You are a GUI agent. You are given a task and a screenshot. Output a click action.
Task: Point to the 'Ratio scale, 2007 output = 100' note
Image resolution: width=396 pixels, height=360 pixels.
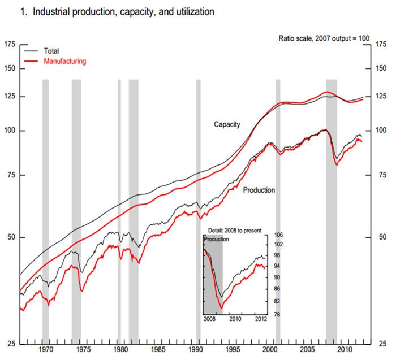click(x=324, y=38)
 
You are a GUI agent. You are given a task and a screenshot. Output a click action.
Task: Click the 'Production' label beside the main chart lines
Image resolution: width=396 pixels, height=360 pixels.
click(x=259, y=190)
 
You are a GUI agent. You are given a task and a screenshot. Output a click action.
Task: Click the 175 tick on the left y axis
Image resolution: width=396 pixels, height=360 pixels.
click(x=9, y=45)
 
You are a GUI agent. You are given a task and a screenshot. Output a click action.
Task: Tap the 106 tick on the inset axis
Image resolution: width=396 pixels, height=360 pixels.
click(x=278, y=235)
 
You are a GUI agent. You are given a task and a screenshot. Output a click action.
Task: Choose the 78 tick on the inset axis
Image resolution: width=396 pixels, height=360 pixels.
click(x=278, y=314)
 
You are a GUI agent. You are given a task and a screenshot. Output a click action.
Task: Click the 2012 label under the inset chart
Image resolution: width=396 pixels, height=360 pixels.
click(x=260, y=319)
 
